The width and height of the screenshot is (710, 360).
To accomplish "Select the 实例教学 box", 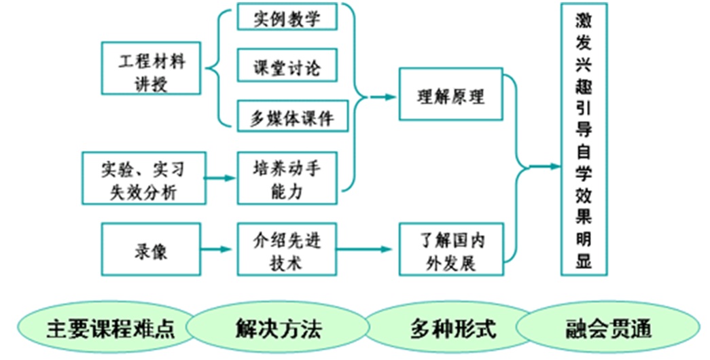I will coord(287,17).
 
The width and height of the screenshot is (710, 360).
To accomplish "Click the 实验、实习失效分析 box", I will coord(143,178).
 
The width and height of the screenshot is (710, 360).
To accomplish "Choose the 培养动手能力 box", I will coord(287,178).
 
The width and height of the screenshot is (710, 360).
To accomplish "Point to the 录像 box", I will coord(151,249).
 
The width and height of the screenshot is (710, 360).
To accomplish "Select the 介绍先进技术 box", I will coord(287,249).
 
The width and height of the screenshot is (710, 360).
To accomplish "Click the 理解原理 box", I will coord(450,95).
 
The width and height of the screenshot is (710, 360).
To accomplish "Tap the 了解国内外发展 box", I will coord(450,249).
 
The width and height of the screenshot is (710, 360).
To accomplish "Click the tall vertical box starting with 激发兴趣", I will coord(584,139).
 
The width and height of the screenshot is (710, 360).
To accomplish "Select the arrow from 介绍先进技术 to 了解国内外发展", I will coord(367,249).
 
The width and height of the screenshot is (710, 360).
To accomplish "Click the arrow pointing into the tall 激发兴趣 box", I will coord(544,166).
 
